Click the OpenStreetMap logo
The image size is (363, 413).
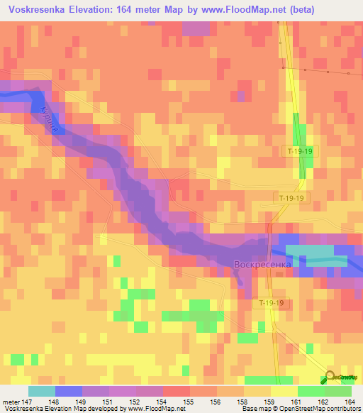pos(341,377)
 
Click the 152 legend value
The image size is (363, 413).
pos(123,401)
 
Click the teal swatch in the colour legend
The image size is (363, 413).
pos(42,391)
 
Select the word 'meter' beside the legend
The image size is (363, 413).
pos(10,401)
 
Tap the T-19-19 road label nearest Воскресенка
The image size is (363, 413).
pos(272,303)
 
